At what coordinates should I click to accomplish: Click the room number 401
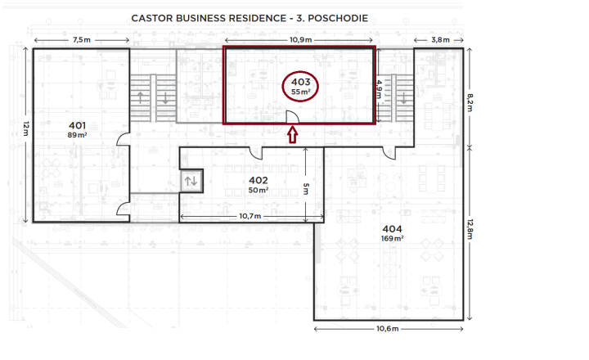(x=78, y=125)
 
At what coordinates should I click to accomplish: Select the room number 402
(x=259, y=180)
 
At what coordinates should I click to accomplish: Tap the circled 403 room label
(x=300, y=87)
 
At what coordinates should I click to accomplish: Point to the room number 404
(x=392, y=229)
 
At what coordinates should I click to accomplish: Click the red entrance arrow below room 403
(x=293, y=135)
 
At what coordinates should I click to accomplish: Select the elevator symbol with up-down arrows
(x=191, y=181)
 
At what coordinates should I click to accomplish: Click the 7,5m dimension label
(x=82, y=40)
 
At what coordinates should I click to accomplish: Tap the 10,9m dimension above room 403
(x=300, y=40)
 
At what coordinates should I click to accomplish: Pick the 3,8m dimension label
(x=440, y=40)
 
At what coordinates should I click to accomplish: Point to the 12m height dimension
(x=25, y=128)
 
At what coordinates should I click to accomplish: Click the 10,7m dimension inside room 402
(x=250, y=216)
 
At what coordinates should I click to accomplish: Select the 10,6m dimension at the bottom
(x=387, y=329)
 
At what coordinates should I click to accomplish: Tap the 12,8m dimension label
(x=470, y=229)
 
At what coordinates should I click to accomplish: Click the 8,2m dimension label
(x=470, y=102)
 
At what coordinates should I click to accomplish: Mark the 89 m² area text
(x=78, y=135)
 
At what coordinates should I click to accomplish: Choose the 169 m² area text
(x=392, y=238)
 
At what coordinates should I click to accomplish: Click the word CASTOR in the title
(x=152, y=19)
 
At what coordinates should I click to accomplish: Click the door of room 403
(x=293, y=117)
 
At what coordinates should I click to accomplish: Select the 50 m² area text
(x=259, y=190)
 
